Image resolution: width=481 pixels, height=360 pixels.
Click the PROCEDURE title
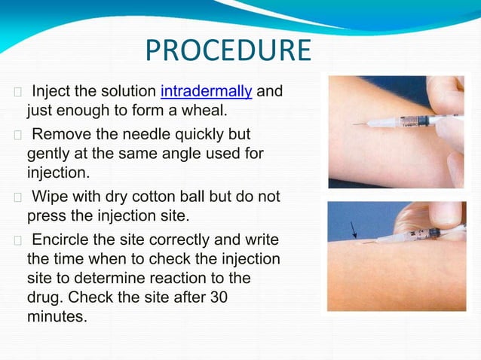[228, 50]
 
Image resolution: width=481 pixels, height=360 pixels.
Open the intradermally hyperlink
[206, 93]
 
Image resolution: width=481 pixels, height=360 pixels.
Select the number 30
[219, 298]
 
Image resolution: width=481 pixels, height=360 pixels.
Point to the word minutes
[57, 317]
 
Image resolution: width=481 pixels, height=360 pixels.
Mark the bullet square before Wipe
[18, 197]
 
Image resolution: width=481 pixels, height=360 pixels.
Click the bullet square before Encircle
[18, 240]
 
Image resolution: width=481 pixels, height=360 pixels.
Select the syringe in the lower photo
[403, 237]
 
